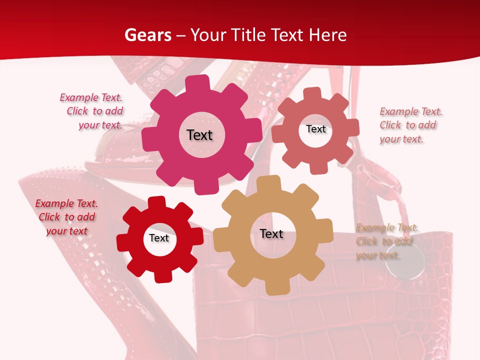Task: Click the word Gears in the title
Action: point(147,35)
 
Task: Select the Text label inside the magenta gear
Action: point(199,135)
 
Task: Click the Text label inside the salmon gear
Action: point(315,129)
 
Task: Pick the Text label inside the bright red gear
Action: point(159,238)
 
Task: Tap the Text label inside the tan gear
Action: point(271,234)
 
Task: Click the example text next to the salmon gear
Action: point(408,125)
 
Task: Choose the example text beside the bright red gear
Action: point(66,217)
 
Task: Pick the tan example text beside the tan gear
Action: point(385,242)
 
